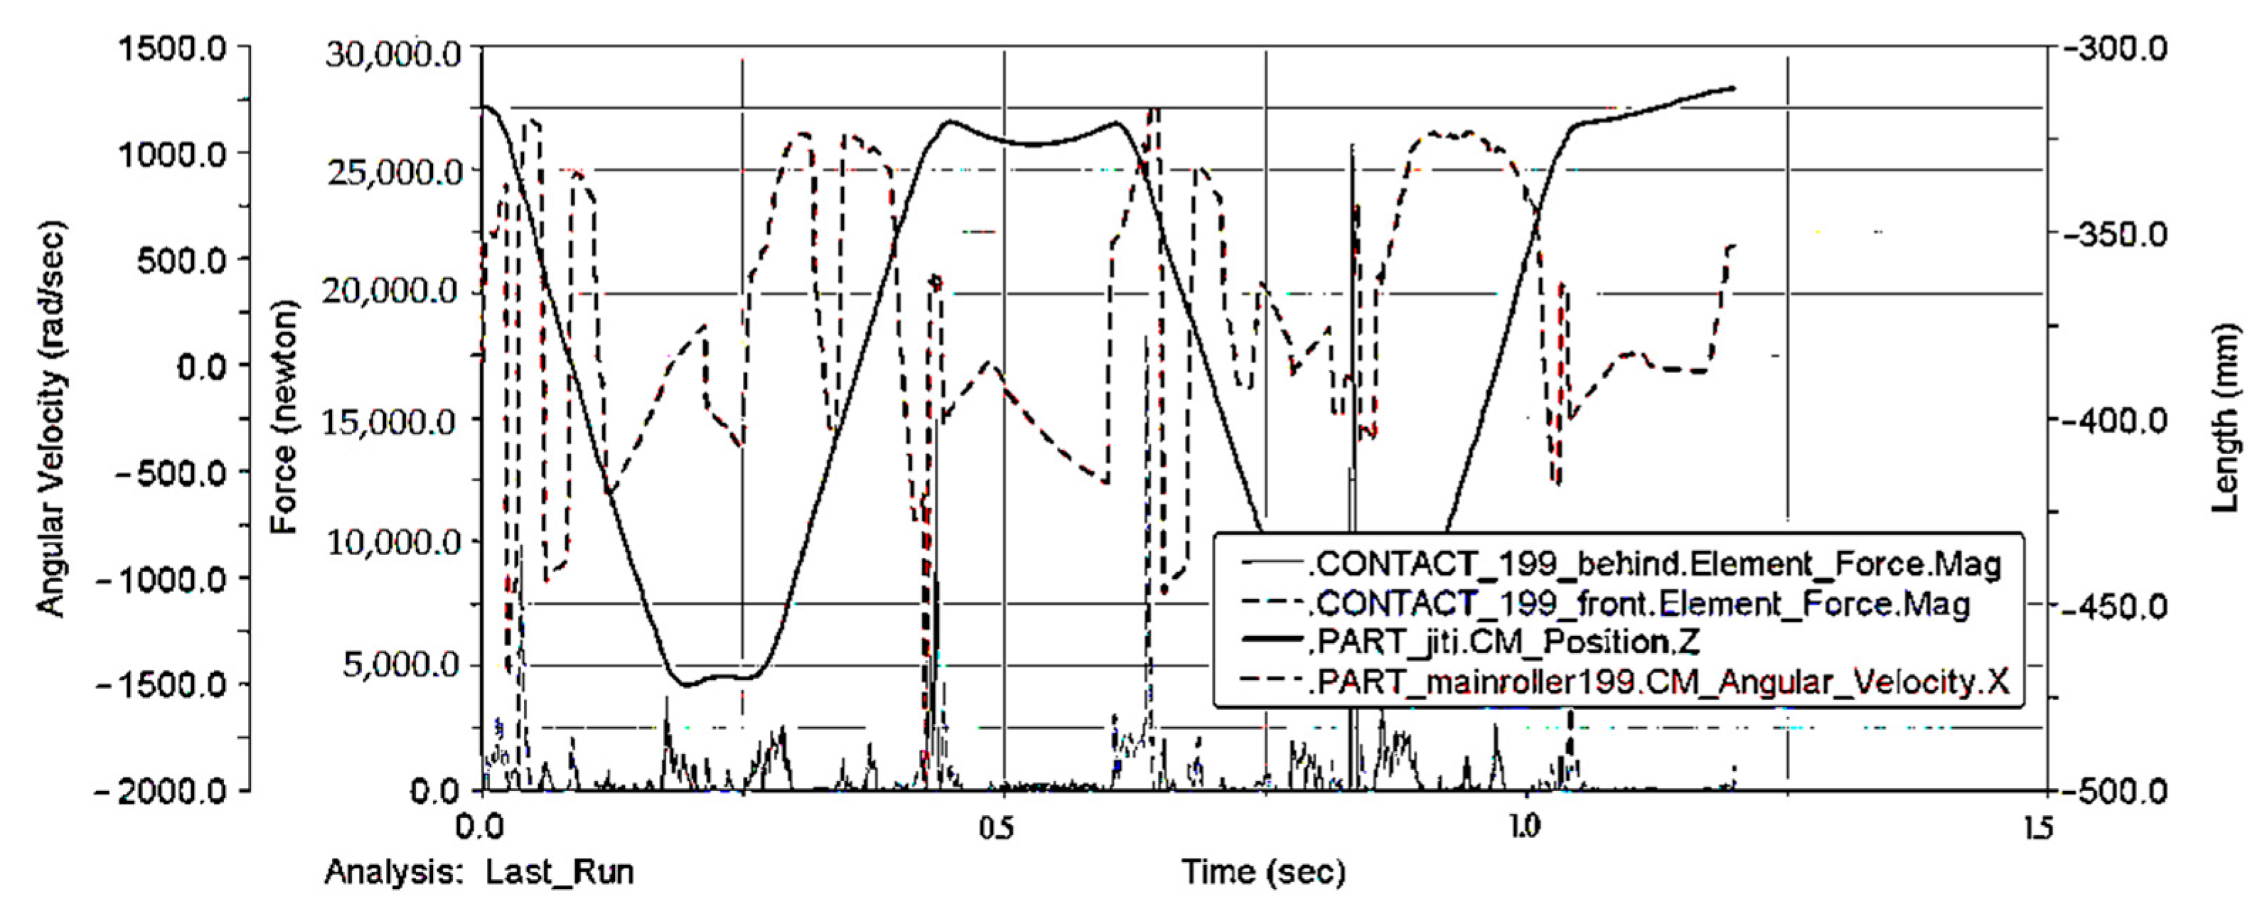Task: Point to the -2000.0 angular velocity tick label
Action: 163,790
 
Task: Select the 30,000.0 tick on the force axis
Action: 392,55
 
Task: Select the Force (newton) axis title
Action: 284,418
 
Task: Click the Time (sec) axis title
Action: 1263,872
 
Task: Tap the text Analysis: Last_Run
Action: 479,872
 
